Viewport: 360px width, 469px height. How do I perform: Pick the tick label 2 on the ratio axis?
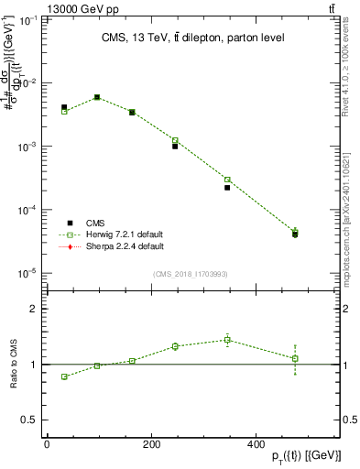pos(34,309)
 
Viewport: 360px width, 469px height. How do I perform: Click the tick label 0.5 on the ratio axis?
pos(30,420)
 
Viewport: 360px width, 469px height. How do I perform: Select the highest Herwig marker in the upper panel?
pos(97,97)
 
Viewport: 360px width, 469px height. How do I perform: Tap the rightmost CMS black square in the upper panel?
pos(295,234)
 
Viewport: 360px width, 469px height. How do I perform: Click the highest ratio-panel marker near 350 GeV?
pos(227,340)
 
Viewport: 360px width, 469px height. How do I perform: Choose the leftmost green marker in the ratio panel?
pos(64,376)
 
